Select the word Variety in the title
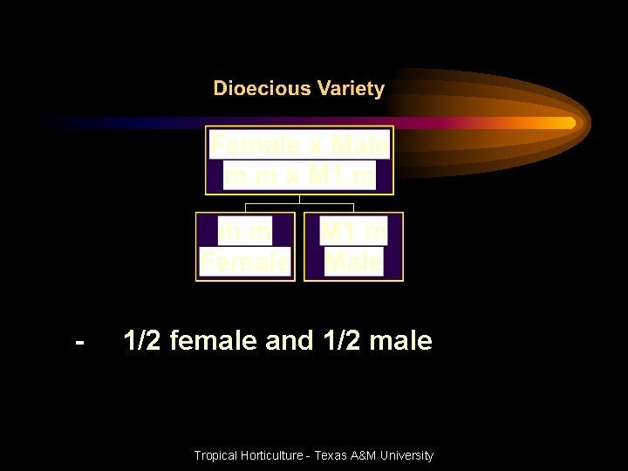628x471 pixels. (x=351, y=89)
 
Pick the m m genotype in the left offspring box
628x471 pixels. (x=244, y=232)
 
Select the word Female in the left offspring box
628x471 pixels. (x=244, y=261)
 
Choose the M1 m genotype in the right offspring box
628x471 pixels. (x=353, y=232)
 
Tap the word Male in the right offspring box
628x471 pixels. (x=353, y=261)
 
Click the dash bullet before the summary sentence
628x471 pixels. (x=80, y=341)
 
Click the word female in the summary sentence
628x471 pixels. (x=214, y=340)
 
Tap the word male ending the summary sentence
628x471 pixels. (x=400, y=340)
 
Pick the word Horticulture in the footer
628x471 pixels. (x=272, y=455)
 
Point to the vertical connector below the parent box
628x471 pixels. (x=299, y=199)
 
